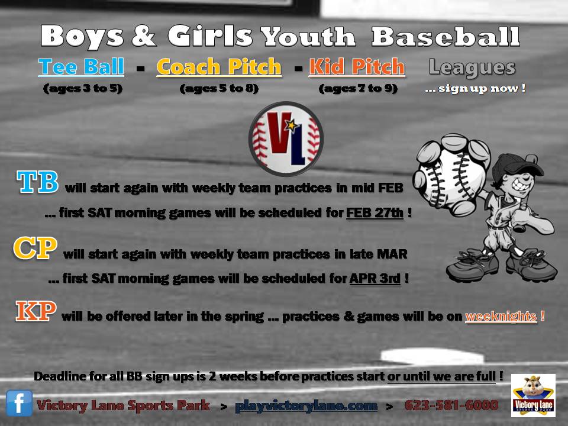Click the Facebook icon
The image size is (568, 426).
coord(19,403)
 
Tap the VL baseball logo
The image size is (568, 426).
coord(286,138)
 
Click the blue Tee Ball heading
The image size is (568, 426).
coord(81,67)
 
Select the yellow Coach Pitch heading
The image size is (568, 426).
coord(219,67)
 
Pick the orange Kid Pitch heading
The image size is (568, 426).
coord(357,67)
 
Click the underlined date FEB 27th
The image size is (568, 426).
coord(375,212)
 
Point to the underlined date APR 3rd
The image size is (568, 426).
coord(375,278)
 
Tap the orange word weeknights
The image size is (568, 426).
coord(501,316)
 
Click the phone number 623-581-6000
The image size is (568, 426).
coord(451,405)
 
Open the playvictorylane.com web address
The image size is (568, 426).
coord(306,406)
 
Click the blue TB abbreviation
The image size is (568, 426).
coord(37,182)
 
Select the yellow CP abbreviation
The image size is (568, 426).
coord(35,248)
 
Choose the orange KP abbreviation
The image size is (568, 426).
coord(35,311)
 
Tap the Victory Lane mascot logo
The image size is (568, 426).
coord(533,396)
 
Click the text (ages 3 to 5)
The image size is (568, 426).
coord(83,88)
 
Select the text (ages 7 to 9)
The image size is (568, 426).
coord(358,88)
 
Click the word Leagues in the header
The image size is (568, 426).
coord(472,67)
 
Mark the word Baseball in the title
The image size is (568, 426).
coord(446,37)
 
